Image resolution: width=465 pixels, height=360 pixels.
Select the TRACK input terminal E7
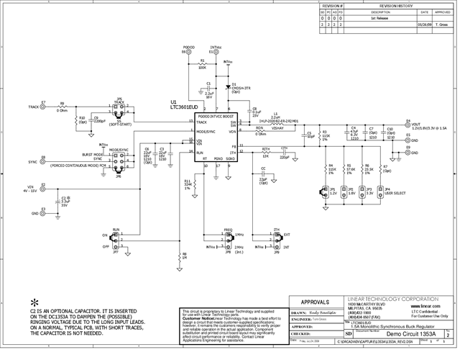tap(43, 107)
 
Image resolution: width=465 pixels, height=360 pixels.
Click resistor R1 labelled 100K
tap(202, 66)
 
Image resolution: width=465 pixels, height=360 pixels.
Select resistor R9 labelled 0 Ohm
tap(63, 107)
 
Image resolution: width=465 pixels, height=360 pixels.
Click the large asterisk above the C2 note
tap(33, 302)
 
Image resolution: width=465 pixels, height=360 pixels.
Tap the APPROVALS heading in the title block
tap(314, 303)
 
